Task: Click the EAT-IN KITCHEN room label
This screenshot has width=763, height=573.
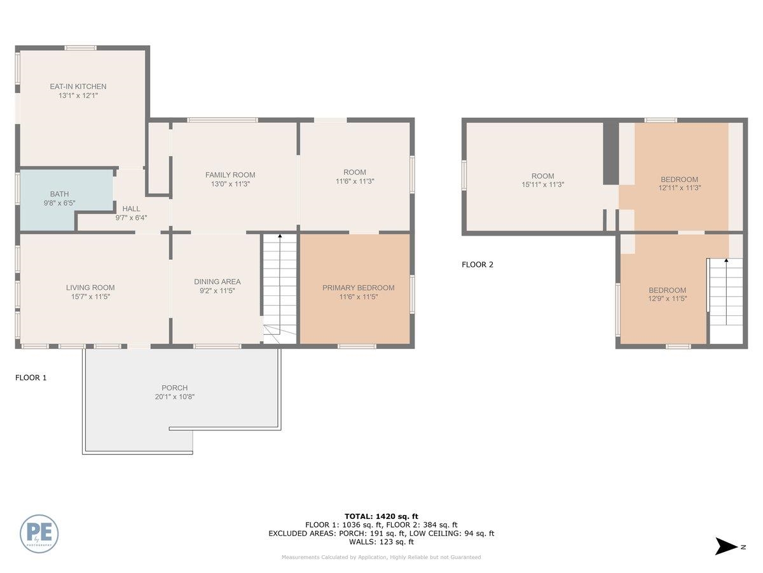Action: [x=78, y=87]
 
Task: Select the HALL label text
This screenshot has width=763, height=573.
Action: [x=131, y=208]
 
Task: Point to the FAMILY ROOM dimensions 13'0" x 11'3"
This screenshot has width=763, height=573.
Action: [x=230, y=184]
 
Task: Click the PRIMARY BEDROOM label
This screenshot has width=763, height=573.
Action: [x=358, y=288]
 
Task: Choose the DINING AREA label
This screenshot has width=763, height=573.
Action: [x=217, y=281]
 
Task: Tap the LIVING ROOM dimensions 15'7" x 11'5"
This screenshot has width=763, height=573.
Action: [x=90, y=297]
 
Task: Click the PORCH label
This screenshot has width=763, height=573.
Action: [x=174, y=388]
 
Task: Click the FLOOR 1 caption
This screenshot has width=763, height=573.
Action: [x=31, y=378]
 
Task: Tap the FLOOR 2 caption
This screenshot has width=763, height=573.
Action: [x=478, y=265]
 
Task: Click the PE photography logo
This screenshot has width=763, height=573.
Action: [x=39, y=533]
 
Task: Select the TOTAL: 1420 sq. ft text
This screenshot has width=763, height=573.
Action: [x=381, y=516]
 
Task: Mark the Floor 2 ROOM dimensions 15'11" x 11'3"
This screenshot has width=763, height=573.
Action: [x=542, y=185]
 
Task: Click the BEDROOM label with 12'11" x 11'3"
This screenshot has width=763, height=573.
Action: [x=679, y=180]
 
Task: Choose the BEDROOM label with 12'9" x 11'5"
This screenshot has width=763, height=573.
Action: [x=667, y=290]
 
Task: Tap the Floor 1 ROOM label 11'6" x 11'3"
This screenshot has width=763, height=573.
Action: [x=355, y=172]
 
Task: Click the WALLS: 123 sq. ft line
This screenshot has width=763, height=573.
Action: [x=381, y=542]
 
